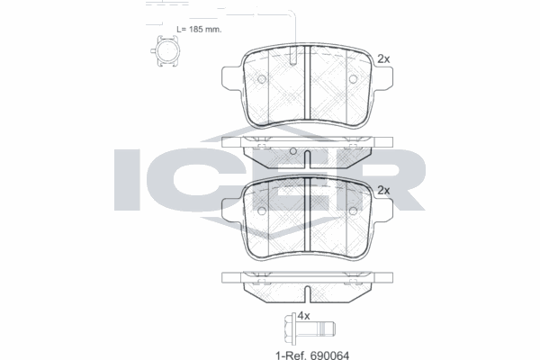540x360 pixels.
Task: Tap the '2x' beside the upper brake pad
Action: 382,58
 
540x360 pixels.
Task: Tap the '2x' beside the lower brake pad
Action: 382,190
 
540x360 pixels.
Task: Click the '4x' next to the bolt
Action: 304,316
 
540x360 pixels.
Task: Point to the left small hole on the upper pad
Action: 262,79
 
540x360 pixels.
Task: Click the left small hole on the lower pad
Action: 262,211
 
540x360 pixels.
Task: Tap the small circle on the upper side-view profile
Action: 294,149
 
